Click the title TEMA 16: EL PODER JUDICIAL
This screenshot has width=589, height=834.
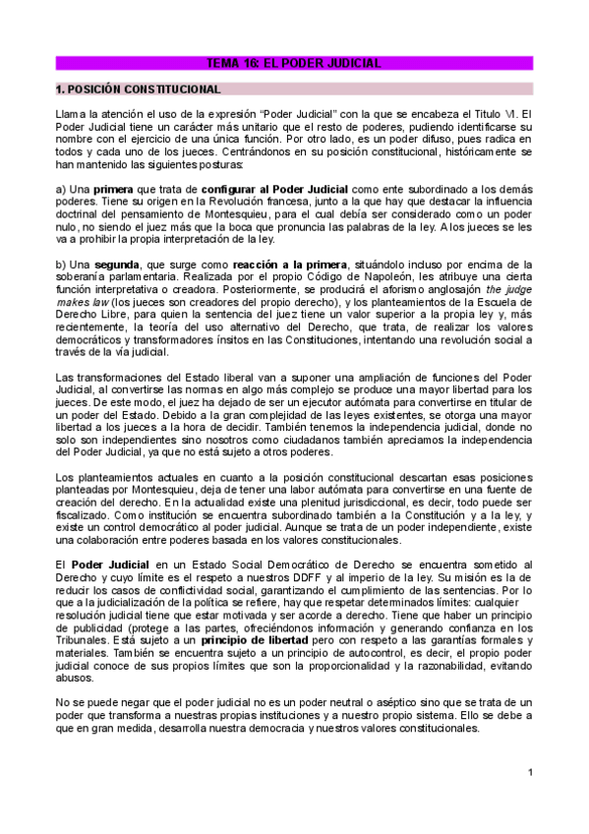point(293,63)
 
